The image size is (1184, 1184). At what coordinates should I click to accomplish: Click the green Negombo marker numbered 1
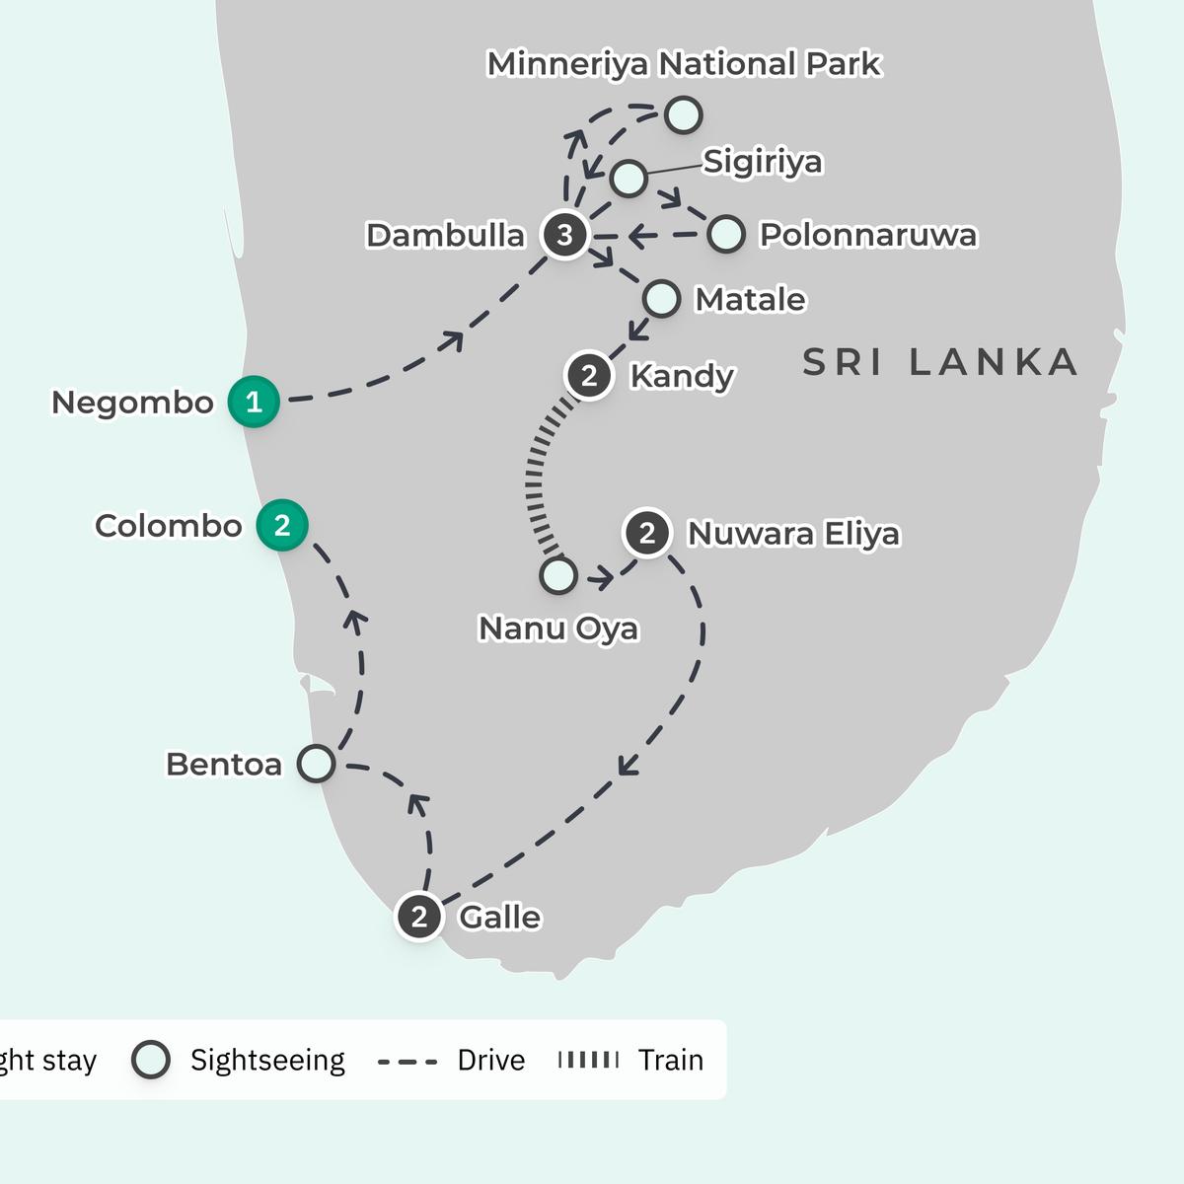(254, 402)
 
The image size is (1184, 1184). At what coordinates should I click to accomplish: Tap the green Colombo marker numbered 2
(282, 525)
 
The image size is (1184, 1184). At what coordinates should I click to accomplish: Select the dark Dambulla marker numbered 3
(564, 235)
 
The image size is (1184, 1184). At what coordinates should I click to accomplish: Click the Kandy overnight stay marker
(589, 376)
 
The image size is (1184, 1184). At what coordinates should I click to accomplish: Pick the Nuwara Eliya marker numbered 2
(647, 533)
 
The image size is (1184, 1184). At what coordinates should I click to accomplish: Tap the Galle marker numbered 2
(419, 917)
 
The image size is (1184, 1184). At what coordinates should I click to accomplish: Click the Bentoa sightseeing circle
(316, 764)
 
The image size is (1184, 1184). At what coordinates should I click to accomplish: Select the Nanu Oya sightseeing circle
(558, 575)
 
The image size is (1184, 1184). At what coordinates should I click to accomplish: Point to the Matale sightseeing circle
(661, 298)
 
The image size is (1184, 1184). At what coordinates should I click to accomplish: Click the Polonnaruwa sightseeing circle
(726, 234)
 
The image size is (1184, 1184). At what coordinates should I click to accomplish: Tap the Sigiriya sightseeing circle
(629, 179)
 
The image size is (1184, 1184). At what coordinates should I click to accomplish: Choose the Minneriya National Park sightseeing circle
(683, 114)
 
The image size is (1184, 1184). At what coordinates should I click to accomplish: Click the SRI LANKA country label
(939, 362)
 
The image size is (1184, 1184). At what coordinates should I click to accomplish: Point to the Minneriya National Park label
(684, 64)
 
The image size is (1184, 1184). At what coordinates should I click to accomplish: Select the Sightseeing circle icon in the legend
(151, 1060)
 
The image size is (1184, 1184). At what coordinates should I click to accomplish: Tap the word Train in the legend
(670, 1060)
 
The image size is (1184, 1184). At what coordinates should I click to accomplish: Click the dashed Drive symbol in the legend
(407, 1062)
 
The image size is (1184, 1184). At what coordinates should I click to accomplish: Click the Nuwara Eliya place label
(793, 534)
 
